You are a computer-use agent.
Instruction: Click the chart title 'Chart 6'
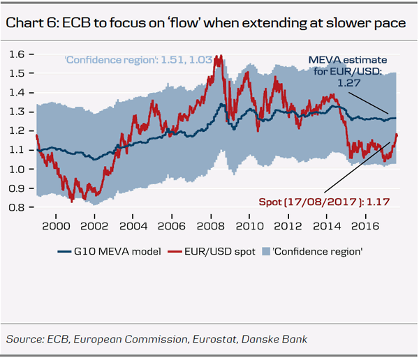[x=31, y=23]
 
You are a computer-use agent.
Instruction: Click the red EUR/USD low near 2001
[x=71, y=202]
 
